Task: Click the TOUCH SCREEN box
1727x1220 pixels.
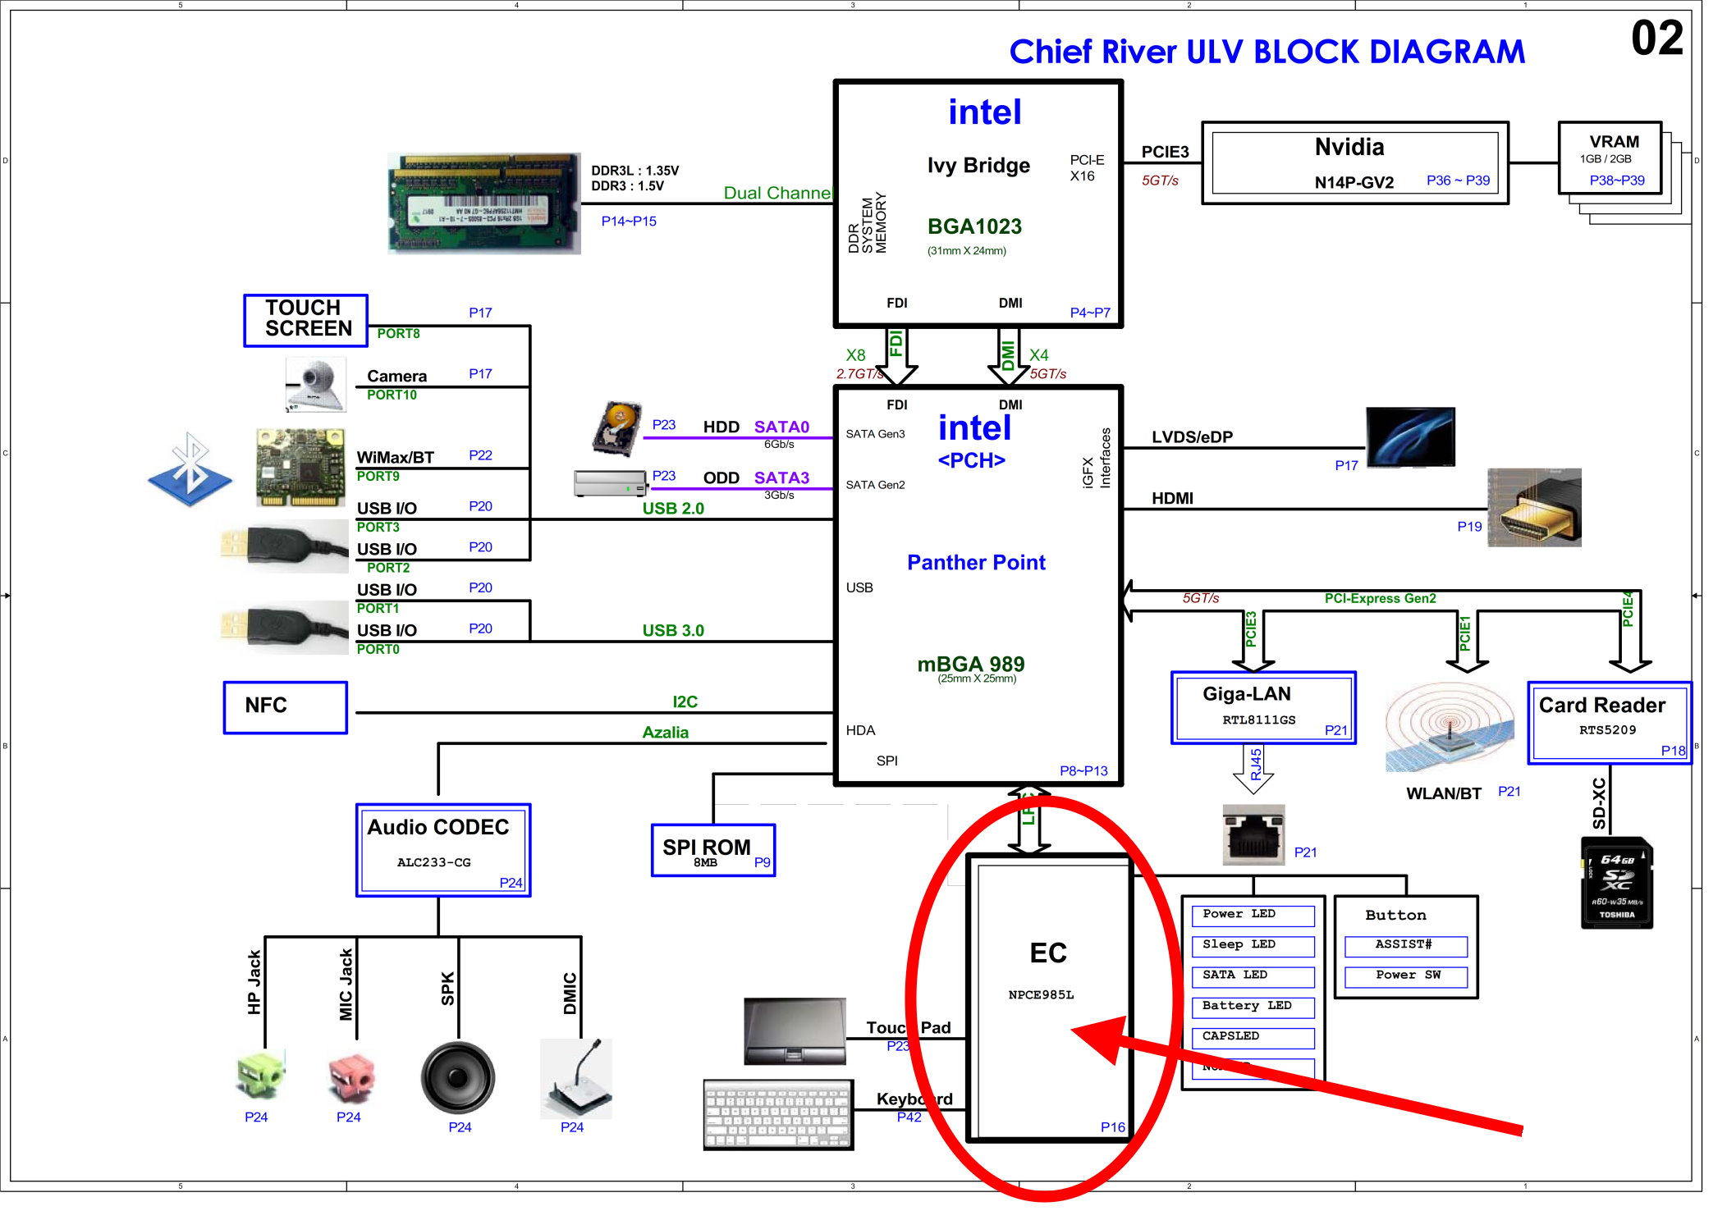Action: (305, 320)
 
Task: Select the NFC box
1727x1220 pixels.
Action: (285, 707)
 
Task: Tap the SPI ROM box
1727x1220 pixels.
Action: (712, 850)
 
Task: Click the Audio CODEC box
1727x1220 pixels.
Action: (442, 850)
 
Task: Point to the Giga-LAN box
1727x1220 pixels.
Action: (1262, 707)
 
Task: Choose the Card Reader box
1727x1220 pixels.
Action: (1608, 722)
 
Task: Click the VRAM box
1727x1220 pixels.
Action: (1610, 158)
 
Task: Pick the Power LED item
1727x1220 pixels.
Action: (1252, 915)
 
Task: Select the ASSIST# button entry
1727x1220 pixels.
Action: (1404, 945)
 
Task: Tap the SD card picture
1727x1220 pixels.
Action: (1616, 883)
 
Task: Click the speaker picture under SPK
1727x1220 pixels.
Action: (457, 1077)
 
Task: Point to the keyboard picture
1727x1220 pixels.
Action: (777, 1114)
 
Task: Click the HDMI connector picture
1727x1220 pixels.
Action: (1533, 508)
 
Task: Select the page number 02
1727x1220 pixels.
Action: (1656, 39)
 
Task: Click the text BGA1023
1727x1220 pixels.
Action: (974, 226)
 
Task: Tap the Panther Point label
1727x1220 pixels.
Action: (975, 563)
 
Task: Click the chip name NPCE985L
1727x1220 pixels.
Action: (1040, 995)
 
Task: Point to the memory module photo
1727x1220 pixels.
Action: (483, 203)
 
